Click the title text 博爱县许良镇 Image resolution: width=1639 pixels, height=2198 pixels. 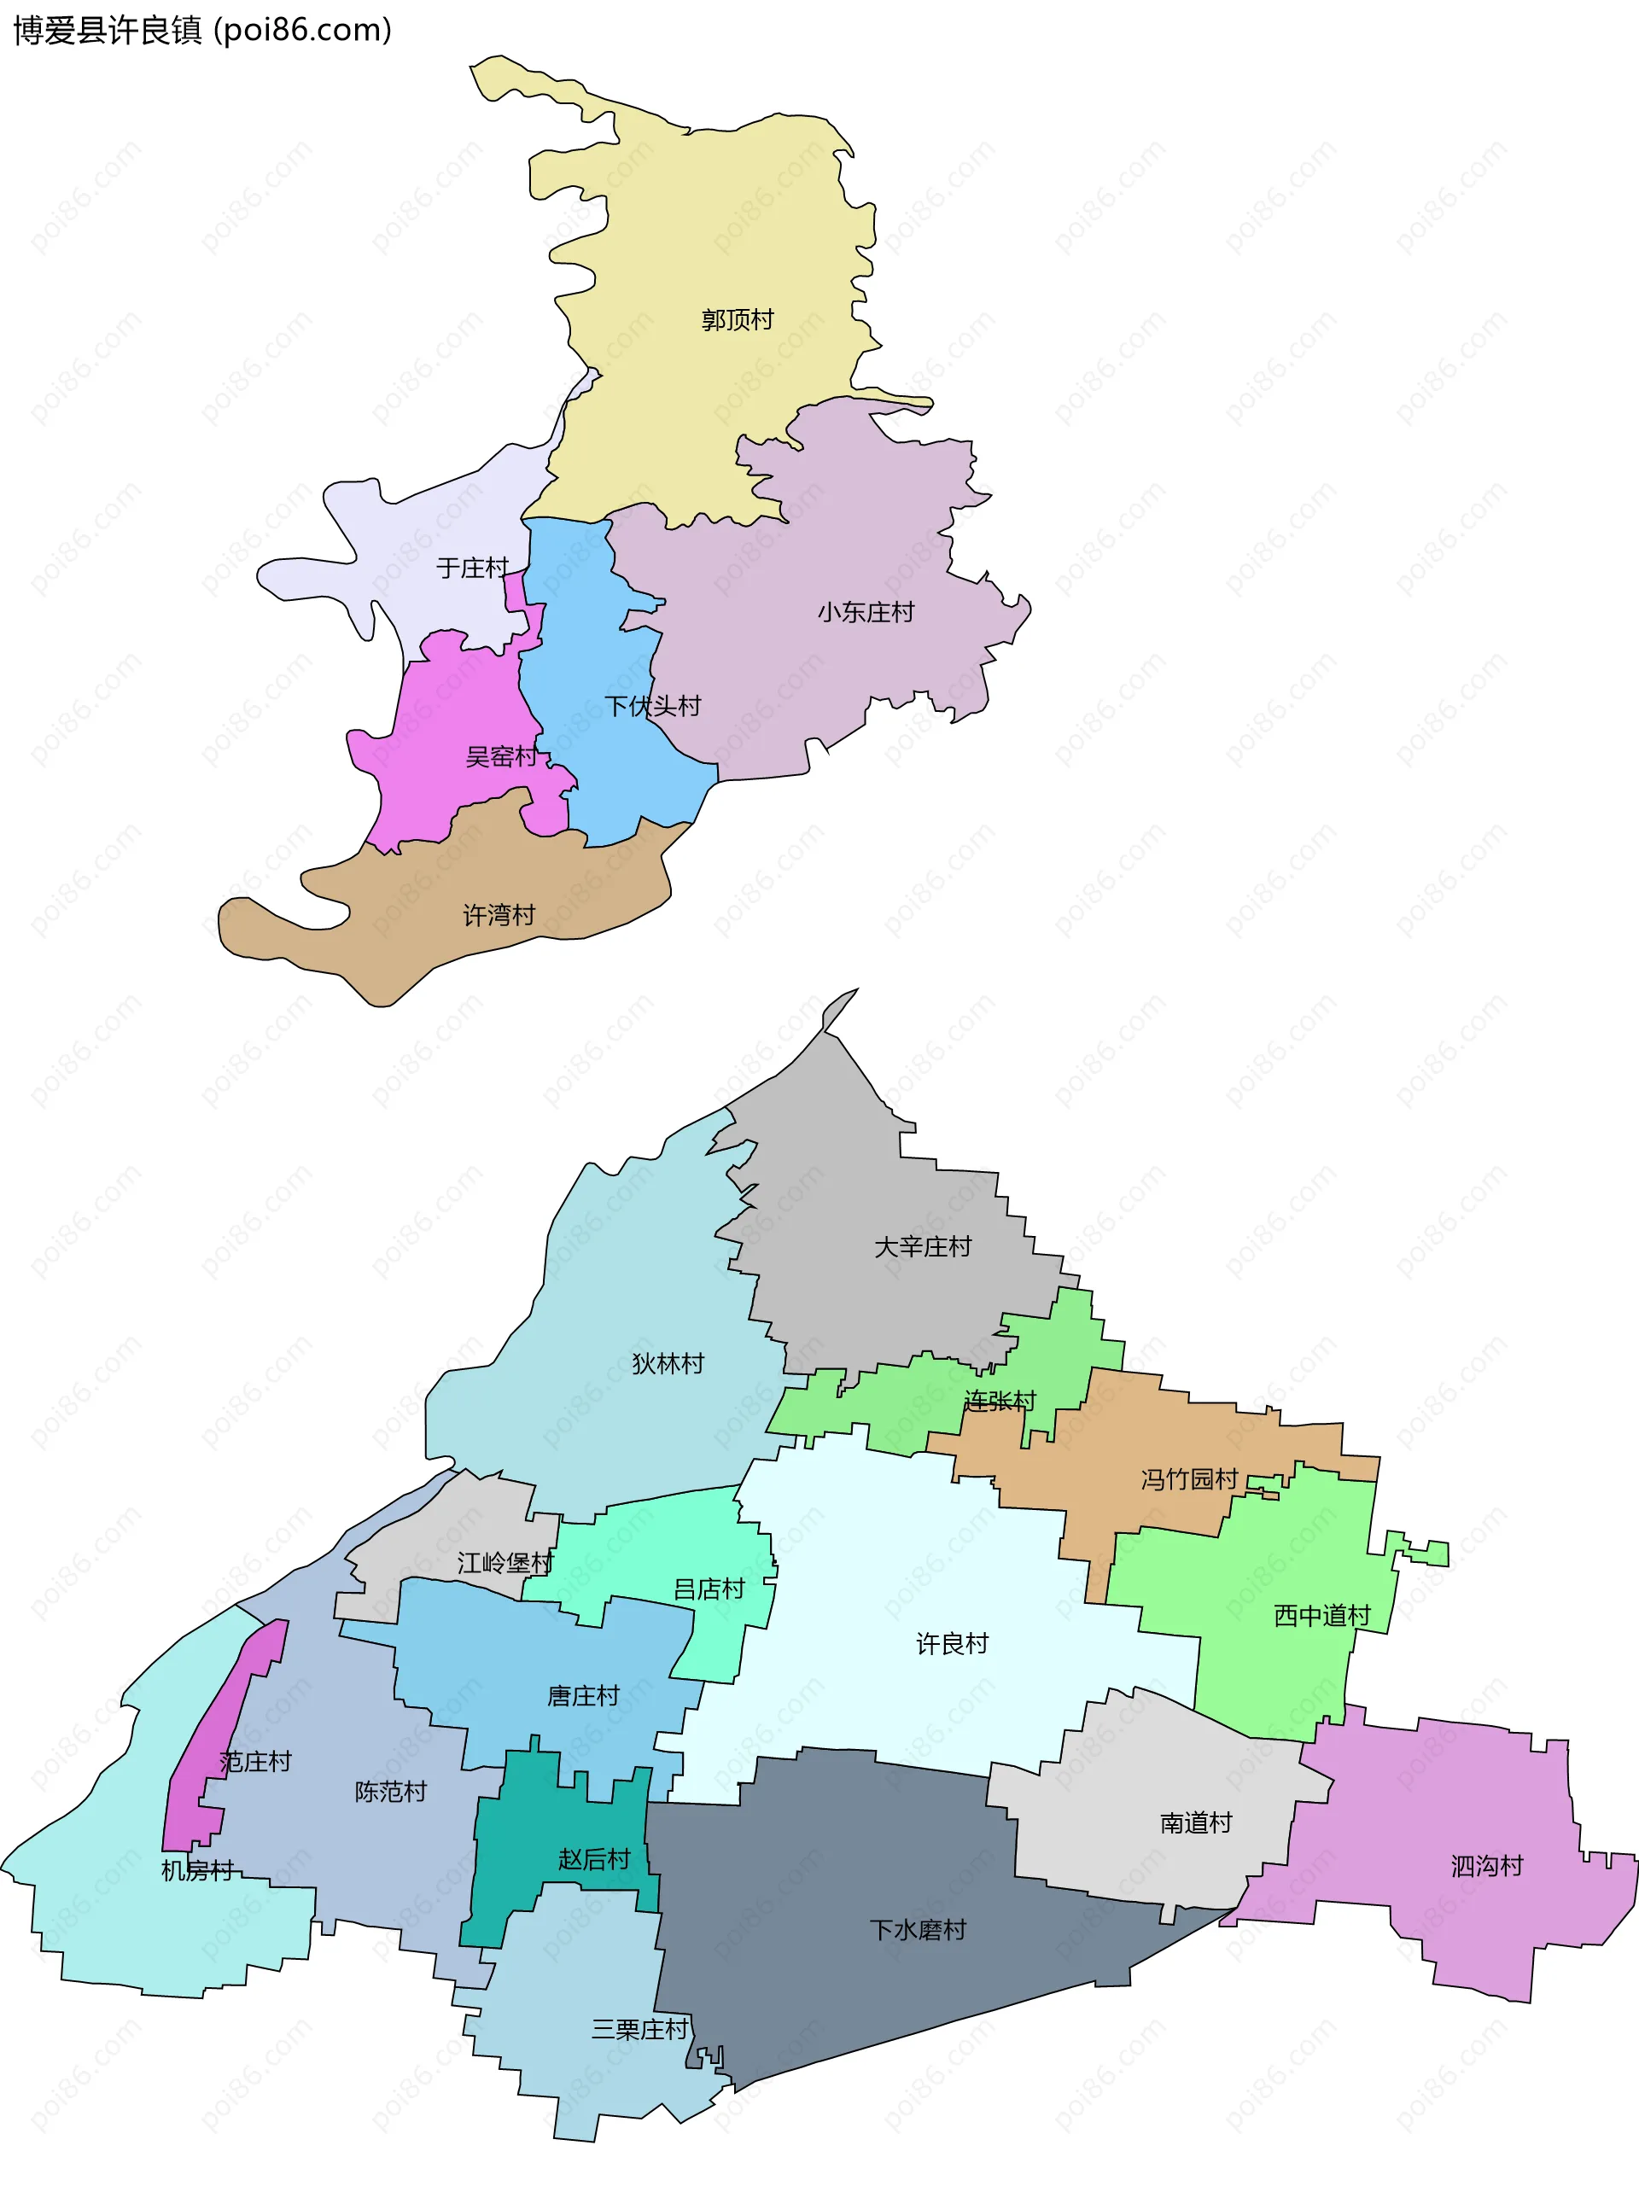(x=108, y=31)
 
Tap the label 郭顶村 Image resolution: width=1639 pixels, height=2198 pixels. (x=738, y=319)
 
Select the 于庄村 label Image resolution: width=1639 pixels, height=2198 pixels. (x=472, y=568)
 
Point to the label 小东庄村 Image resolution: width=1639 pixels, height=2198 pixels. (x=865, y=612)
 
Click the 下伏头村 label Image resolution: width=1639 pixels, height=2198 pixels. (x=652, y=705)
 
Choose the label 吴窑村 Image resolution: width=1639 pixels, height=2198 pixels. (x=502, y=757)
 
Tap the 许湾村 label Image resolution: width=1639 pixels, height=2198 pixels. (x=499, y=914)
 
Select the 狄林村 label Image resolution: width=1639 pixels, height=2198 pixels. (x=668, y=1363)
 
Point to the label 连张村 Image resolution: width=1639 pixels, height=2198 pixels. (x=999, y=1400)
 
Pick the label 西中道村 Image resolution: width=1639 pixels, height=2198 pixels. (x=1321, y=1616)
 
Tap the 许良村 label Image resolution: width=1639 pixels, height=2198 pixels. (x=952, y=1643)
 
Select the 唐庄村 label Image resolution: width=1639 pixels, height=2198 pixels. (x=583, y=1695)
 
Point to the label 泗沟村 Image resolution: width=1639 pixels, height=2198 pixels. (x=1486, y=1866)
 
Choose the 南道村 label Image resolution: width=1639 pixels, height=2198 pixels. (x=1195, y=1822)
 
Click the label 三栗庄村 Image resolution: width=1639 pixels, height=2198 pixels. (x=639, y=2029)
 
